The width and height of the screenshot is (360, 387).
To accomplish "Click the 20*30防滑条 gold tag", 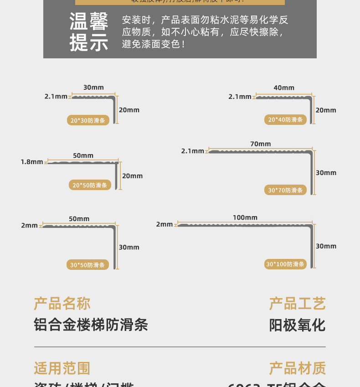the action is [x=88, y=121].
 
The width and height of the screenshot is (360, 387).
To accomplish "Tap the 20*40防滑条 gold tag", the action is [x=285, y=120].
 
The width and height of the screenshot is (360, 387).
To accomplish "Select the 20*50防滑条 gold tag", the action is [x=90, y=185].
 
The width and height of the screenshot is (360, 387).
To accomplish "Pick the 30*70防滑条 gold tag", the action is [x=285, y=190].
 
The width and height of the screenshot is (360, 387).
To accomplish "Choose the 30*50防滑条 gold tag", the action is [x=87, y=265].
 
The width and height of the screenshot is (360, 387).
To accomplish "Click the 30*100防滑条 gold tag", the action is [x=285, y=264].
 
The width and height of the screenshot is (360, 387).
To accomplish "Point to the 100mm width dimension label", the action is [x=245, y=217].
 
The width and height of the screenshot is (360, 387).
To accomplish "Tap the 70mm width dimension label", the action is [x=260, y=144].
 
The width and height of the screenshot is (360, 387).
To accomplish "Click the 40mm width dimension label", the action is [x=284, y=88].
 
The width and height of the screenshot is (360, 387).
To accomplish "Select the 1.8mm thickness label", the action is [x=32, y=162].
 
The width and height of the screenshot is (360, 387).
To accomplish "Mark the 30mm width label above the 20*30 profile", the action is [x=93, y=88].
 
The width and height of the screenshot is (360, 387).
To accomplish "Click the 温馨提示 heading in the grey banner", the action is [x=89, y=32].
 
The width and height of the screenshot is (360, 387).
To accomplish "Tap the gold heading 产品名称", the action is [x=62, y=304].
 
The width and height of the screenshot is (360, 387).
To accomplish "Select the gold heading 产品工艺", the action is [x=297, y=304].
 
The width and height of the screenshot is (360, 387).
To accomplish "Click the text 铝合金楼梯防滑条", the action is [x=91, y=325].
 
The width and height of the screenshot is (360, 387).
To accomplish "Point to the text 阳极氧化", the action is [x=297, y=325].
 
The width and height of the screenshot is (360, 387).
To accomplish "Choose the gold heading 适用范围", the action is [x=62, y=368].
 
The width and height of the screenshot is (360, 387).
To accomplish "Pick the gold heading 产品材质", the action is [x=297, y=368].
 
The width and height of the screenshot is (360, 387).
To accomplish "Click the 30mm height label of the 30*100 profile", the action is [x=326, y=246].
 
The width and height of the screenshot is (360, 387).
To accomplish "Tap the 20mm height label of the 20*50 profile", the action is [x=133, y=176].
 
